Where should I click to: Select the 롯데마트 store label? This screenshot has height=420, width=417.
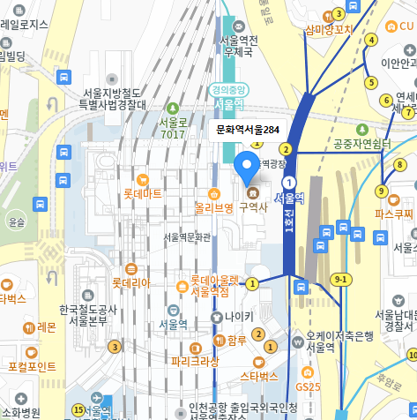[x=142, y=191]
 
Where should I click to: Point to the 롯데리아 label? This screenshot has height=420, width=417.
[x=130, y=283]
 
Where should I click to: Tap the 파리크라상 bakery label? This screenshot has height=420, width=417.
[x=195, y=361]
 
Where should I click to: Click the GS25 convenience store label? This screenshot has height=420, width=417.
[x=309, y=386]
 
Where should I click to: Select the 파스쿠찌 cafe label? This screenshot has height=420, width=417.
[x=393, y=214]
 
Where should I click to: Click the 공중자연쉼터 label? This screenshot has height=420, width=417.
[x=361, y=144]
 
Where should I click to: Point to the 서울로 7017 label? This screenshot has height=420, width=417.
[x=173, y=128]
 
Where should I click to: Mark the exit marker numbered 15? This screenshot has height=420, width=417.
[x=78, y=409]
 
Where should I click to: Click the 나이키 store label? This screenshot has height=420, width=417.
[x=238, y=316]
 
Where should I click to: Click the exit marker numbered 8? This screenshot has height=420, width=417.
[x=399, y=164]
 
